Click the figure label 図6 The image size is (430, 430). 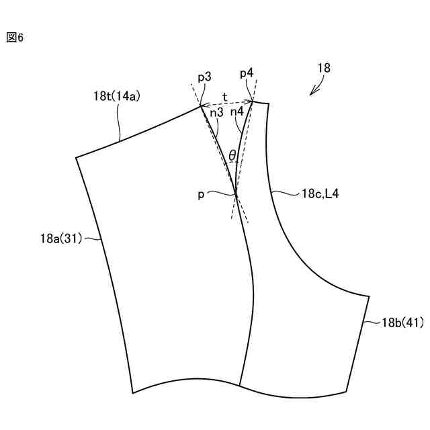coord(15,38)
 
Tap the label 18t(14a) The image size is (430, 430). coord(116,96)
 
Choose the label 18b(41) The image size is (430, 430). coord(402,322)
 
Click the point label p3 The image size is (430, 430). coord(204,77)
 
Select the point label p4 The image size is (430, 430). coord(247,72)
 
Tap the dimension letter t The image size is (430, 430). coord(224,96)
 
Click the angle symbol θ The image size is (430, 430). coord(232,156)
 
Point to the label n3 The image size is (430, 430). coord(216,113)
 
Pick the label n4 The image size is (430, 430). coord(236,112)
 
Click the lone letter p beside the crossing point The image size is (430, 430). coord(201,193)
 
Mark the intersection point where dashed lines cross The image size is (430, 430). coord(236,194)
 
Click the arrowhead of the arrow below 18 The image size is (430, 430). coord(311,95)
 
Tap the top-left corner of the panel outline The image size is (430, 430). coord(76,158)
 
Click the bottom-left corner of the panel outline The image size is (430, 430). coord(133,393)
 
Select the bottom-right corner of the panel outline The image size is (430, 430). coord(346,392)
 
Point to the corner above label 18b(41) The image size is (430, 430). coord(370,296)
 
